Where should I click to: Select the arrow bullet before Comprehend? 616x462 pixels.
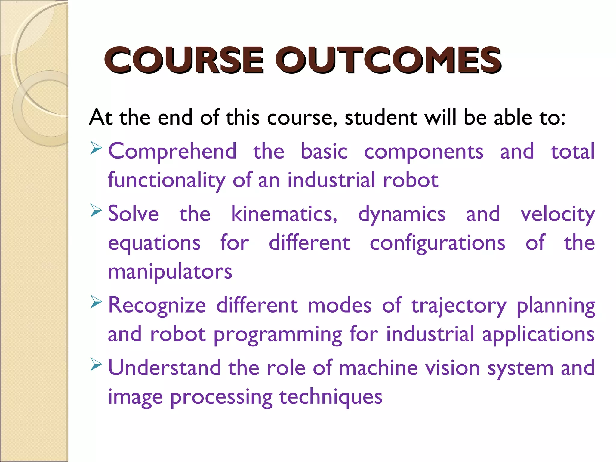96,149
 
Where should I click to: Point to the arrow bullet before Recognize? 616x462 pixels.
96,303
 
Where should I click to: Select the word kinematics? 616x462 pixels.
284,214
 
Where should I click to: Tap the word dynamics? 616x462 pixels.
402,215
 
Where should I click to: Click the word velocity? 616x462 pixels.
558,215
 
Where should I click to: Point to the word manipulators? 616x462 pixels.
170,272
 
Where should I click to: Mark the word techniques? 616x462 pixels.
331,397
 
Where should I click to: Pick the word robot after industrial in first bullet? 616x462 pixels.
411,180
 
